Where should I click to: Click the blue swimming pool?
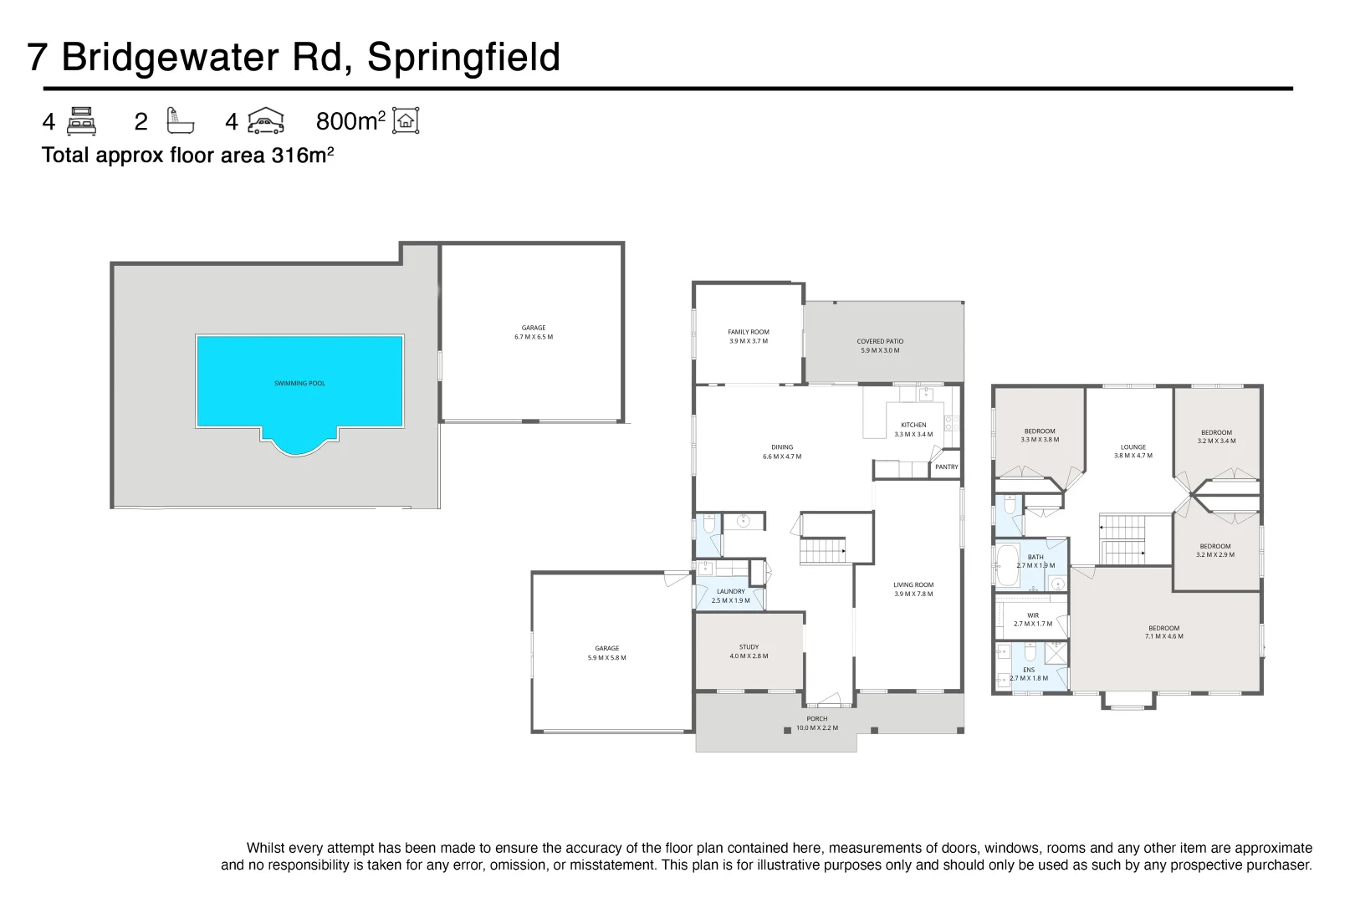pyautogui.click(x=299, y=382)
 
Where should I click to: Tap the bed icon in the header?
pyautogui.click(x=81, y=122)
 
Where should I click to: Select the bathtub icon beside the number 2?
pyautogui.click(x=180, y=121)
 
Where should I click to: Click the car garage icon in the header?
pyautogui.click(x=266, y=121)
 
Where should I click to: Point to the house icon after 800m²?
pyautogui.click(x=406, y=121)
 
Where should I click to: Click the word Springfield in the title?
pyautogui.click(x=463, y=58)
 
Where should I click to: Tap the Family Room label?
pyautogui.click(x=748, y=336)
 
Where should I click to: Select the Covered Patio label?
pyautogui.click(x=880, y=345)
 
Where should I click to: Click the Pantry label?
pyautogui.click(x=946, y=467)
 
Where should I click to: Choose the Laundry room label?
pyautogui.click(x=730, y=595)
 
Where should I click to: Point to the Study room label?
pyautogui.click(x=749, y=651)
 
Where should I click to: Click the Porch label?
pyautogui.click(x=816, y=723)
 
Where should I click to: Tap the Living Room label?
pyautogui.click(x=913, y=589)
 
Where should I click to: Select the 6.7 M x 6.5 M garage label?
pyautogui.click(x=534, y=333)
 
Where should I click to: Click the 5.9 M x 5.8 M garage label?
pyautogui.click(x=606, y=653)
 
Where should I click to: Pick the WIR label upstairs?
pyautogui.click(x=1033, y=620)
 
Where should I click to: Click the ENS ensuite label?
pyautogui.click(x=1029, y=674)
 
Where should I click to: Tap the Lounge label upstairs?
pyautogui.click(x=1133, y=451)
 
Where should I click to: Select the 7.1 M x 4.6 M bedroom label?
pyautogui.click(x=1163, y=632)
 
